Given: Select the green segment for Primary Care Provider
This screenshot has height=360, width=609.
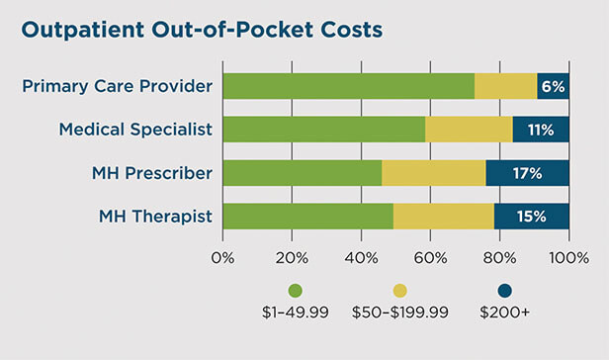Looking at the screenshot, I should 348,86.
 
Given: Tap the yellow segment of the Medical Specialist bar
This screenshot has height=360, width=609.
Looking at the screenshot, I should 469,130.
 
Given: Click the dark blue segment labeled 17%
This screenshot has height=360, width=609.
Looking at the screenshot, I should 527,173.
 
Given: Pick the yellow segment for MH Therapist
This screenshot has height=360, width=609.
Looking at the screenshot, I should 443,217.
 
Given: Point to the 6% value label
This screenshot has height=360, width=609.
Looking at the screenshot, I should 554,87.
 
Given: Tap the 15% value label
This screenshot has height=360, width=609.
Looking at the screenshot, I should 531,217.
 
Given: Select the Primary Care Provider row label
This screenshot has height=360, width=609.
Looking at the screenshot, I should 117,86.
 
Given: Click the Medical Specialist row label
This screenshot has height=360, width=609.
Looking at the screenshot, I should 135,130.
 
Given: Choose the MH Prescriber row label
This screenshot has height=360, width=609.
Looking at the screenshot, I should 151,173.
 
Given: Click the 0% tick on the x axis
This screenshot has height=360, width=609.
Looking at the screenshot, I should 222,258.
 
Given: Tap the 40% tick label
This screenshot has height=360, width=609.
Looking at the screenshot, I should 362,258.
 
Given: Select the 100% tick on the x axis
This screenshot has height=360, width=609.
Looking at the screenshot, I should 568,258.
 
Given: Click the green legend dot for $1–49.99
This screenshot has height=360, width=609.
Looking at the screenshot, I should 295,291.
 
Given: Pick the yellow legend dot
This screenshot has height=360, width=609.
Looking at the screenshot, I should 399,291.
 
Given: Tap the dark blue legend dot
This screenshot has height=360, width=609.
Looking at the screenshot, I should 504,291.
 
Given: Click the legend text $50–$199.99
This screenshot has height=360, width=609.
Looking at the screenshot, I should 400,314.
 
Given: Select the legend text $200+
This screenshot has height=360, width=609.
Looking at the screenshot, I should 504,314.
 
